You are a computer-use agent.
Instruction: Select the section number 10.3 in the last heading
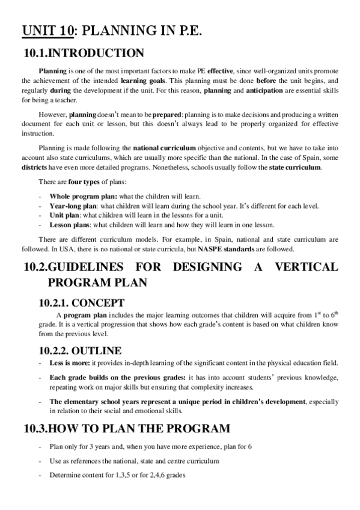pyautogui.click(x=35, y=429)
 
